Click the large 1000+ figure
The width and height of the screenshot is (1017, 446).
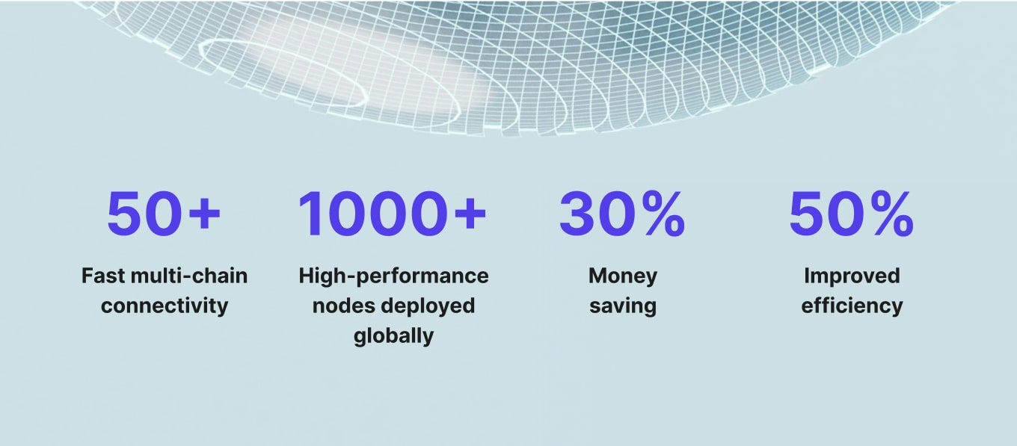pos(393,213)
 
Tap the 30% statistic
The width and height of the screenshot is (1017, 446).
pos(622,213)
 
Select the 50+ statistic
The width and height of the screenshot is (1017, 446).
pos(164,213)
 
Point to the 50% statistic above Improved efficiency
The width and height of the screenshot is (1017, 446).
pos(851,213)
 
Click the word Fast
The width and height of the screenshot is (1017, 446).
pos(102,276)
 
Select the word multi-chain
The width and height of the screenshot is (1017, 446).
pos(188,276)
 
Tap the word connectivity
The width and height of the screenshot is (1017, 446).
pos(165,306)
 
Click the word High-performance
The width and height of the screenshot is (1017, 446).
pos(393,276)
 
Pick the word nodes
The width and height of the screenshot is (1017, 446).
pos(342,306)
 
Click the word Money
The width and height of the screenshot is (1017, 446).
pos(623,276)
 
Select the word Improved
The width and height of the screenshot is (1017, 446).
pos(852,276)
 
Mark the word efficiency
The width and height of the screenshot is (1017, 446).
pos(852,306)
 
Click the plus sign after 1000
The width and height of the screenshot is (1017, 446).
pos(470,213)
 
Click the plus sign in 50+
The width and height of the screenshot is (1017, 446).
pos(204,213)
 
